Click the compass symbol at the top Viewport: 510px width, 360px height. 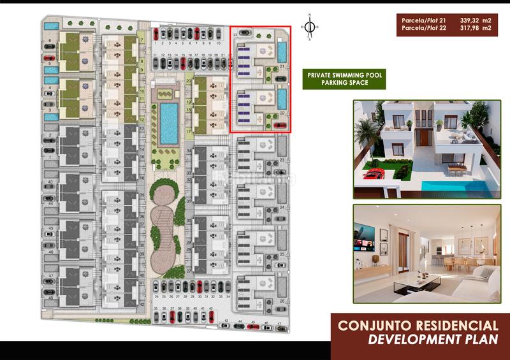pyautogui.click(x=310, y=27)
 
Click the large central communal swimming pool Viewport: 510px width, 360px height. pyautogui.click(x=169, y=122)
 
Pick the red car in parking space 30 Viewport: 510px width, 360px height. pyautogui.click(x=200, y=287)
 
